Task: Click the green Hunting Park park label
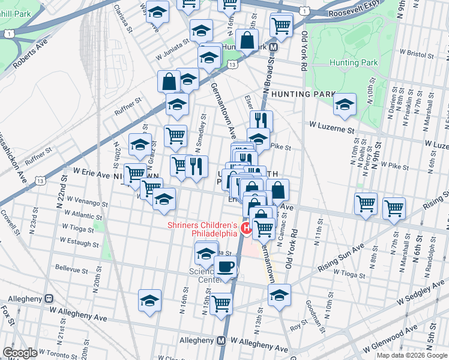[x=353, y=62]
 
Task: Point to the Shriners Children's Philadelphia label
[x=202, y=229]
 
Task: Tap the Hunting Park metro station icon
[x=273, y=46]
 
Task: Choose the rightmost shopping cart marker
[x=394, y=208]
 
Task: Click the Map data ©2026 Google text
[x=411, y=355]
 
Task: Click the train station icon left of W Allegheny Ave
[x=50, y=298]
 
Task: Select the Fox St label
[x=7, y=313]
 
